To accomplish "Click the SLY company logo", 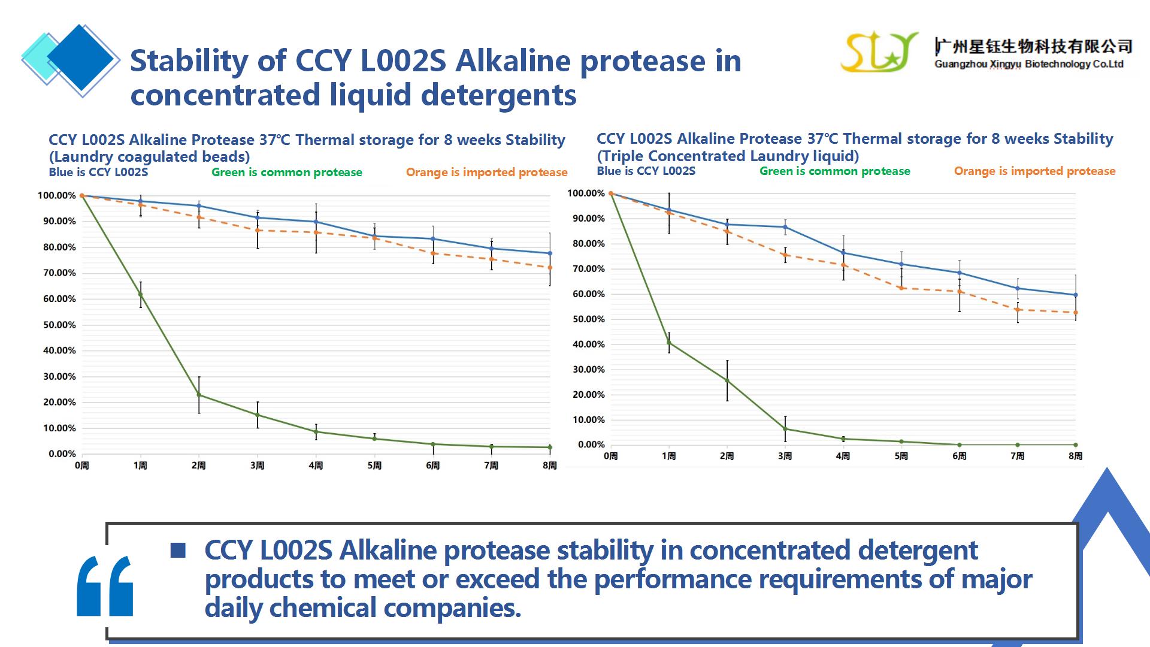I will point(879,52).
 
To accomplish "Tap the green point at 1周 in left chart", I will point(141,295).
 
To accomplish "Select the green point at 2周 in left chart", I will point(199,395).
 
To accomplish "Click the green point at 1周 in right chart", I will point(669,343).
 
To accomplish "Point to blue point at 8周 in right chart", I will point(1076,295).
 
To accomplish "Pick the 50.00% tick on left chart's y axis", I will point(59,325).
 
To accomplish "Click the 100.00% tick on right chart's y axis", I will point(586,194).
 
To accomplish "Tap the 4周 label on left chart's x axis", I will point(316,465).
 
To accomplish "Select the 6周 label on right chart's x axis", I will point(960,456).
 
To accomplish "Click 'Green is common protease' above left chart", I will point(286,173).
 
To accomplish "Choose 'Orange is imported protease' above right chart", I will point(1034,171).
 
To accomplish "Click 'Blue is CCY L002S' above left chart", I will point(98,173).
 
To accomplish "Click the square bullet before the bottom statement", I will point(178,550).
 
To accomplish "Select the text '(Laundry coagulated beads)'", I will point(149,157).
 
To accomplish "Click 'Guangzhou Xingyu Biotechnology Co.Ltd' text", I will point(1028,64).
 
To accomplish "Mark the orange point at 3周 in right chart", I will point(785,255).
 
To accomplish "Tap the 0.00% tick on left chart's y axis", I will point(62,454).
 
